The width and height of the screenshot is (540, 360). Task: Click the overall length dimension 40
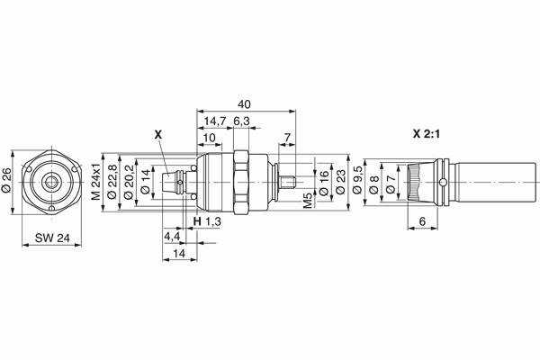click(244, 104)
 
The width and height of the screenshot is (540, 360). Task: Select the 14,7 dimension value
click(215, 121)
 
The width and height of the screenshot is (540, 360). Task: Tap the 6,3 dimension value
click(241, 121)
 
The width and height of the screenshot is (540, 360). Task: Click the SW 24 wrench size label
click(52, 238)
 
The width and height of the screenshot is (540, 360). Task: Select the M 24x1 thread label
click(97, 182)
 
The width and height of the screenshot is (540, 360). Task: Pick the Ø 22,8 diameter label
click(112, 182)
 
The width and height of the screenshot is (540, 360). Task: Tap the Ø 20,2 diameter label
click(129, 182)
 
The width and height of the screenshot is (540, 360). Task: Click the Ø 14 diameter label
click(146, 182)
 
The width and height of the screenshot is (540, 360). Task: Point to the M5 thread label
click(308, 200)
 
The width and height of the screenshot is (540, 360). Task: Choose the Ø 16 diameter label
click(324, 183)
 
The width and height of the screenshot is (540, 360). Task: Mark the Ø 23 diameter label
click(340, 183)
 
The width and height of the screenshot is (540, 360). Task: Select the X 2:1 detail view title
click(427, 134)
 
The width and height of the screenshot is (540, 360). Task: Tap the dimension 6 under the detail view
click(423, 221)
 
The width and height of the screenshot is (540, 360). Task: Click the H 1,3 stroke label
click(207, 221)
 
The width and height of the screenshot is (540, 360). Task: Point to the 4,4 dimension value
click(172, 237)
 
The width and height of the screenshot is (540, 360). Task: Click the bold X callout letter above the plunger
click(158, 134)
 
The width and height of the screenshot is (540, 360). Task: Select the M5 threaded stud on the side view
click(288, 182)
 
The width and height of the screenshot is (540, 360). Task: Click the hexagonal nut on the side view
click(241, 182)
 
